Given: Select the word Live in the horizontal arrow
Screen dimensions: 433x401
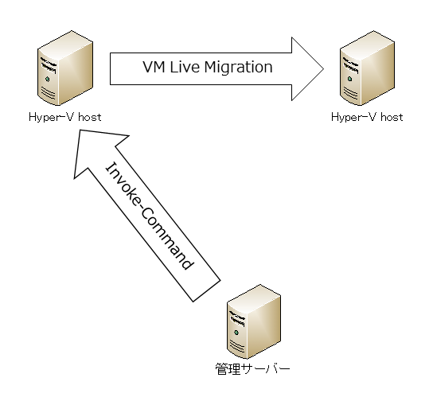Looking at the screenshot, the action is pyautogui.click(x=185, y=67).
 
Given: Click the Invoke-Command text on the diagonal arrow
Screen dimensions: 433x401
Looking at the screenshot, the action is pyautogui.click(x=150, y=216).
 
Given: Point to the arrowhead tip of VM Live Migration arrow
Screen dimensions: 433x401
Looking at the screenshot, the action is pyautogui.click(x=323, y=69).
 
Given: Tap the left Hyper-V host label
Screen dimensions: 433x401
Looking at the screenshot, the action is pyautogui.click(x=65, y=117).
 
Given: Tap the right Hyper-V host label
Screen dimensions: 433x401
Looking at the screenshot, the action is pyautogui.click(x=367, y=117).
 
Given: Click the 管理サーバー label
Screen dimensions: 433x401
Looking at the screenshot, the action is pyautogui.click(x=252, y=369).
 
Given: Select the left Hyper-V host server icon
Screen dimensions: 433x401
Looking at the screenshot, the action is pyautogui.click(x=65, y=68).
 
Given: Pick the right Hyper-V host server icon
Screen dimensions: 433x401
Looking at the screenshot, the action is pyautogui.click(x=367, y=68).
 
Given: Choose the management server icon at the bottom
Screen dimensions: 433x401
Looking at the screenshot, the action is pyautogui.click(x=254, y=321).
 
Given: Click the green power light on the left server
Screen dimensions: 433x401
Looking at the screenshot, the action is pyautogui.click(x=48, y=80).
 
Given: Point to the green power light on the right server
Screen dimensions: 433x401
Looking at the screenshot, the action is pyautogui.click(x=350, y=79).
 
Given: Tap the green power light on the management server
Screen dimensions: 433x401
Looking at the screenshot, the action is pyautogui.click(x=236, y=333).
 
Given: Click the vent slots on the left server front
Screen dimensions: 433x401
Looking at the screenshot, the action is pyautogui.click(x=48, y=92).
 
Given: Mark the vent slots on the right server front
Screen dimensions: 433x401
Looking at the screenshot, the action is pyautogui.click(x=350, y=92).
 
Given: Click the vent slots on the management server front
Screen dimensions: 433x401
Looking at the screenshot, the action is pyautogui.click(x=236, y=346).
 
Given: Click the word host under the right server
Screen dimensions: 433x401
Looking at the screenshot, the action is pyautogui.click(x=392, y=117).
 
